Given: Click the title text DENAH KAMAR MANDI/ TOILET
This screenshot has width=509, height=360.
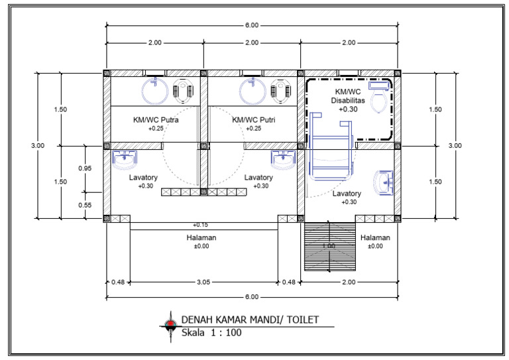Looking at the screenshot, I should [x=250, y=320].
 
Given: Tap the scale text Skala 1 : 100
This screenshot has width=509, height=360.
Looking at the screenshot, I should [x=212, y=333].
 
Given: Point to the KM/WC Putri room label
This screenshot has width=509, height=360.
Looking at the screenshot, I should [x=254, y=120].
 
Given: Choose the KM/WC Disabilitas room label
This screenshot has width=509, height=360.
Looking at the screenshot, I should [x=348, y=94].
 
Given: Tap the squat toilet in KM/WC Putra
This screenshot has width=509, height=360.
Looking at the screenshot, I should [x=181, y=91].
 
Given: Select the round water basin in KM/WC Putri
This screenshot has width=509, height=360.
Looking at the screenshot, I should [x=253, y=91].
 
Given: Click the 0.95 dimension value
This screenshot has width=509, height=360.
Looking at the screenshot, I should [x=85, y=168].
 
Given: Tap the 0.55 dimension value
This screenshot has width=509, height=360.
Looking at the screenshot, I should [x=85, y=205].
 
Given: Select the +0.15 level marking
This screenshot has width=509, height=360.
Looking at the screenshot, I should [x=201, y=225].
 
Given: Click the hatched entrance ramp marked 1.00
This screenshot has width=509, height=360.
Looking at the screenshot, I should [x=329, y=247].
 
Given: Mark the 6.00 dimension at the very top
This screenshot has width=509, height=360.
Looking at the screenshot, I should [x=251, y=26].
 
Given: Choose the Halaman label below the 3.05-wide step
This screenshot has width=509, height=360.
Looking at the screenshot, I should [x=201, y=237].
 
